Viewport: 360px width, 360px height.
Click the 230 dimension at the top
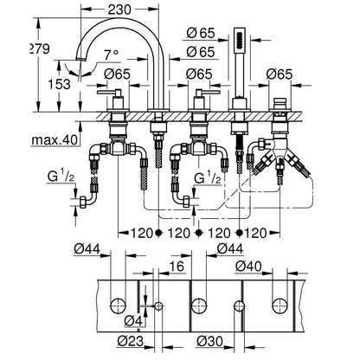click(x=119, y=10)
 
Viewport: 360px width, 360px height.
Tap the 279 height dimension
click(x=40, y=49)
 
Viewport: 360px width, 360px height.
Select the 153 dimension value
click(x=59, y=84)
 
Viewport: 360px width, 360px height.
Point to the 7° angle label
click(x=111, y=55)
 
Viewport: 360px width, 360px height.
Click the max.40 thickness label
click(x=55, y=140)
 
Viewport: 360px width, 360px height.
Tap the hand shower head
click(x=239, y=41)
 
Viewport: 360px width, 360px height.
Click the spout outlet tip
click(x=81, y=59)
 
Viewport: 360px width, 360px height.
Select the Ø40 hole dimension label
click(x=248, y=267)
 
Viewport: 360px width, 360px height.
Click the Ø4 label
click(x=133, y=321)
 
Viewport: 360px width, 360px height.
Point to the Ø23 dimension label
click(x=131, y=342)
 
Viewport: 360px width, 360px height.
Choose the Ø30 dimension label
click(x=209, y=342)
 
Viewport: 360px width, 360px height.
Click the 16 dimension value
click(x=177, y=267)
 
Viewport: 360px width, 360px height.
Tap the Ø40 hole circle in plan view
click(x=280, y=305)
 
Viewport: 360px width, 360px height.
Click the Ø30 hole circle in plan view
click(x=239, y=306)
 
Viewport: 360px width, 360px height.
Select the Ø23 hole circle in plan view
click(x=158, y=306)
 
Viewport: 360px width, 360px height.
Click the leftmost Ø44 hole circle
click(x=119, y=305)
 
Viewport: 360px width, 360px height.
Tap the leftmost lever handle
click(x=111, y=93)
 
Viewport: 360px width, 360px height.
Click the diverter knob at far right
click(x=280, y=103)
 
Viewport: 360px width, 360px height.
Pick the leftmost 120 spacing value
click(x=141, y=233)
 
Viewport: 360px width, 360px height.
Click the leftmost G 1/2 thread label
click(x=61, y=177)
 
